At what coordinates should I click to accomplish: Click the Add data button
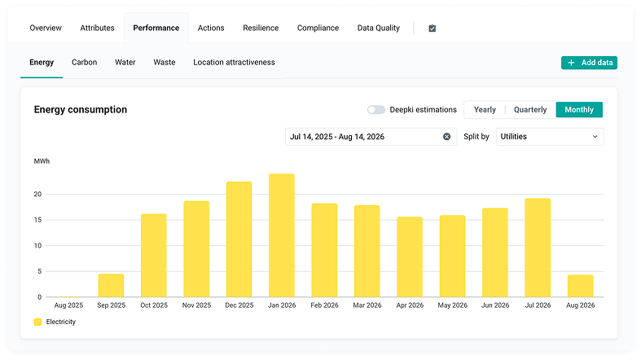point(589,63)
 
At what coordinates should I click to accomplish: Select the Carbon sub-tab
point(84,62)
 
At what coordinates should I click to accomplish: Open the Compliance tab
point(318,28)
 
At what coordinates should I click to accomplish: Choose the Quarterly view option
point(530,109)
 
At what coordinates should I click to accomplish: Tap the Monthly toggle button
point(579,109)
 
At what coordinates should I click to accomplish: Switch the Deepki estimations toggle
point(376,109)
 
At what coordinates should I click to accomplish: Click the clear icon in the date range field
point(447,137)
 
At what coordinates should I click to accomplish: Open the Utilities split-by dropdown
point(550,137)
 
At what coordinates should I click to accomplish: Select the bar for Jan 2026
point(282,235)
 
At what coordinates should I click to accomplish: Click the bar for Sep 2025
point(112,285)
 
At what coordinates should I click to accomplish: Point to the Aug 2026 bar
point(580,286)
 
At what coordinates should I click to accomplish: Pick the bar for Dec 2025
point(239,239)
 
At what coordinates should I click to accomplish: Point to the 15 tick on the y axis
point(37,220)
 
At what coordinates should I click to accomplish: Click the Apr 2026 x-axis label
point(410,305)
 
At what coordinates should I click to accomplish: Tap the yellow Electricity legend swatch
point(37,322)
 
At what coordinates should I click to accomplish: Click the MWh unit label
point(42,161)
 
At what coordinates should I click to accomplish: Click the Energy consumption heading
point(81,109)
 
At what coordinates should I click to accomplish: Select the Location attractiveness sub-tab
point(234,62)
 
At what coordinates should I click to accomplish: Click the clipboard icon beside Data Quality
point(432,29)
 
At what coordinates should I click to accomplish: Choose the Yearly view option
point(485,109)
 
